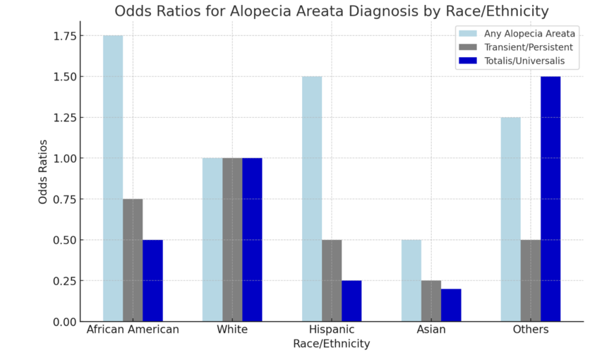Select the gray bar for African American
(x=133, y=260)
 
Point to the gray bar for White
(x=232, y=240)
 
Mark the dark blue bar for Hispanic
(x=351, y=301)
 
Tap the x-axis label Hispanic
(x=332, y=330)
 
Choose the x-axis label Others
(x=531, y=330)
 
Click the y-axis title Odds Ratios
(x=44, y=172)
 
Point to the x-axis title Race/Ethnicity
(x=332, y=344)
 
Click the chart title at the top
(x=332, y=11)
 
